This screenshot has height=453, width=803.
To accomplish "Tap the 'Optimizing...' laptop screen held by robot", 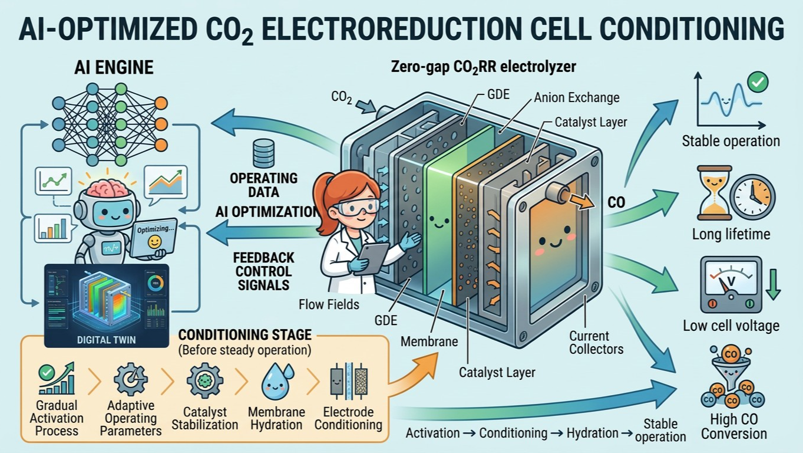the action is (x=155, y=237).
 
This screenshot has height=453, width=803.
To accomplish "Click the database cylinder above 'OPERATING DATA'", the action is (x=263, y=153).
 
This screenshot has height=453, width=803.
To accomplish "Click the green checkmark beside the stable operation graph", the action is (x=758, y=82).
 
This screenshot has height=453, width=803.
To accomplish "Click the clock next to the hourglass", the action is (x=753, y=197).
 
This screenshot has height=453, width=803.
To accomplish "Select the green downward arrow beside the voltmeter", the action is (x=773, y=284).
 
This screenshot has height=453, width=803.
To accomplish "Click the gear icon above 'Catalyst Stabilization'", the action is (x=204, y=380).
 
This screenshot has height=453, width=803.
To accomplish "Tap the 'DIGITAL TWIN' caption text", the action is (x=107, y=340).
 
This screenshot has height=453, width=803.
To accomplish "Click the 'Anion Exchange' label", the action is (x=576, y=98).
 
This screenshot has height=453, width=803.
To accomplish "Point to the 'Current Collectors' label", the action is (x=596, y=343).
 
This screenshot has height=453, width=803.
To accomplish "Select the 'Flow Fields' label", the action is (x=329, y=304).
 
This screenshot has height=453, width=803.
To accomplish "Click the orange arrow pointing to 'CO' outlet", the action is (x=582, y=201).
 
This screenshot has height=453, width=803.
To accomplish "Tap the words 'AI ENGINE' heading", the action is (x=114, y=67).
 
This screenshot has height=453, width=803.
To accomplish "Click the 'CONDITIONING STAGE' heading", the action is (x=245, y=334).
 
